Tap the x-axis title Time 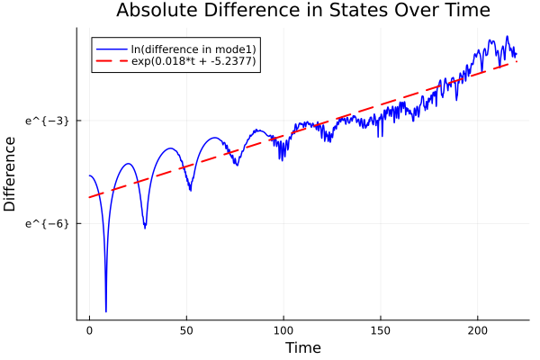302,347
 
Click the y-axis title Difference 11,173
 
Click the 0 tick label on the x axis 89,331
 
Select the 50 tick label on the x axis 186,331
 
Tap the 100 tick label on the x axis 283,331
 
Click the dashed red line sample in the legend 112,62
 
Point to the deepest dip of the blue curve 106,310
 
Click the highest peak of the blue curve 508,37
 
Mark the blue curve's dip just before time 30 145,226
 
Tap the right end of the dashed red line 517,61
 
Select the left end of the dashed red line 89,197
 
